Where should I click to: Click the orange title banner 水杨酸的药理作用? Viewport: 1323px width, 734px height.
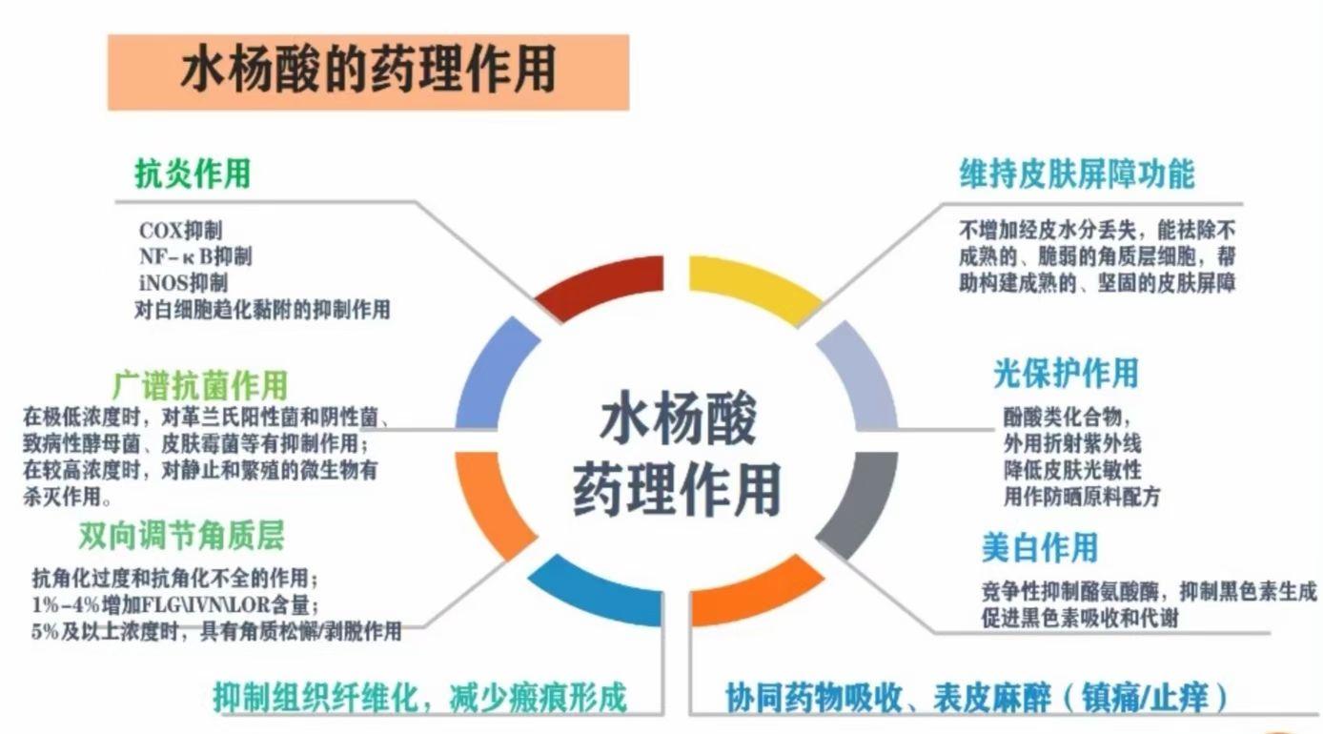click(368, 72)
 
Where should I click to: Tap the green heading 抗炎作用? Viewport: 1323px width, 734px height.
click(193, 173)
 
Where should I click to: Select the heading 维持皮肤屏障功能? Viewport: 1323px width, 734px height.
click(1077, 173)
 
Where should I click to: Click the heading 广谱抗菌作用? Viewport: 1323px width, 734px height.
click(200, 386)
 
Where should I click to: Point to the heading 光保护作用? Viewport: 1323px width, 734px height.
click(1066, 374)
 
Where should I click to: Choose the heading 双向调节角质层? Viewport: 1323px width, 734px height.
click(182, 536)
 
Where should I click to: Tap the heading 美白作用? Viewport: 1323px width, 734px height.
click(1040, 547)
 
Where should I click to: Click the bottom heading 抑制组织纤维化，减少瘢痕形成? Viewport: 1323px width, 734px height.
click(420, 698)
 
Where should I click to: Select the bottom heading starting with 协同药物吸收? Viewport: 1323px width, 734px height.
click(976, 698)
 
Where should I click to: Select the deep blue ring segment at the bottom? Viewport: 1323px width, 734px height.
click(597, 595)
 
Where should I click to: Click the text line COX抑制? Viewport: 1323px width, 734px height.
click(181, 231)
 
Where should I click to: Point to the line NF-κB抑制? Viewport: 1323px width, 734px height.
click(195, 256)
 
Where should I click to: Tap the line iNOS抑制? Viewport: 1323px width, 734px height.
click(183, 283)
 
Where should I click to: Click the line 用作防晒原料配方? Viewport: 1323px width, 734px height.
click(1082, 497)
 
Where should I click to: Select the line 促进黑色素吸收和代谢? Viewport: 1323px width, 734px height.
click(1080, 618)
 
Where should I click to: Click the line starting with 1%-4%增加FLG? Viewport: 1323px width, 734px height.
click(176, 604)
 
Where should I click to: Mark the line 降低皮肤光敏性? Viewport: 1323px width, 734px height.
click(1072, 470)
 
